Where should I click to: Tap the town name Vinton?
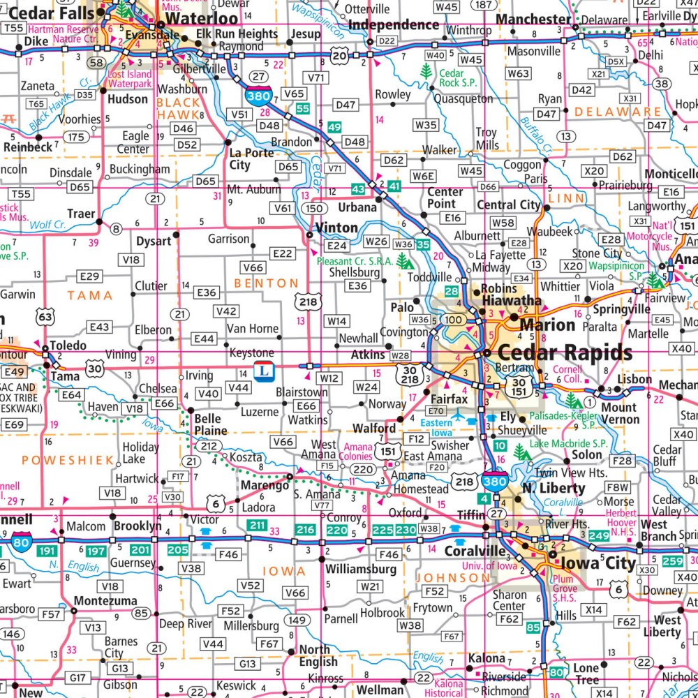pyautogui.click(x=336, y=228)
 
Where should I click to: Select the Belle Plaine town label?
pyautogui.click(x=210, y=424)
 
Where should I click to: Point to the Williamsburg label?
pyautogui.click(x=360, y=569)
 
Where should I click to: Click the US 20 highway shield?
pyautogui.click(x=339, y=56)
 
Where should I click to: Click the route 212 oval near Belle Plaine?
pyautogui.click(x=207, y=445)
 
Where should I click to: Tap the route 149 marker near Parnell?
pyautogui.click(x=299, y=620)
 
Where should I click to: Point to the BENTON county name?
pyautogui.click(x=266, y=283)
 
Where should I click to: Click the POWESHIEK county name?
pyautogui.click(x=57, y=459)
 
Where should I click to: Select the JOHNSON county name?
pyautogui.click(x=454, y=578)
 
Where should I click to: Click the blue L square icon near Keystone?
pyautogui.click(x=262, y=370)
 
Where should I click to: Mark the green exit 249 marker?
pyautogui.click(x=599, y=536)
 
